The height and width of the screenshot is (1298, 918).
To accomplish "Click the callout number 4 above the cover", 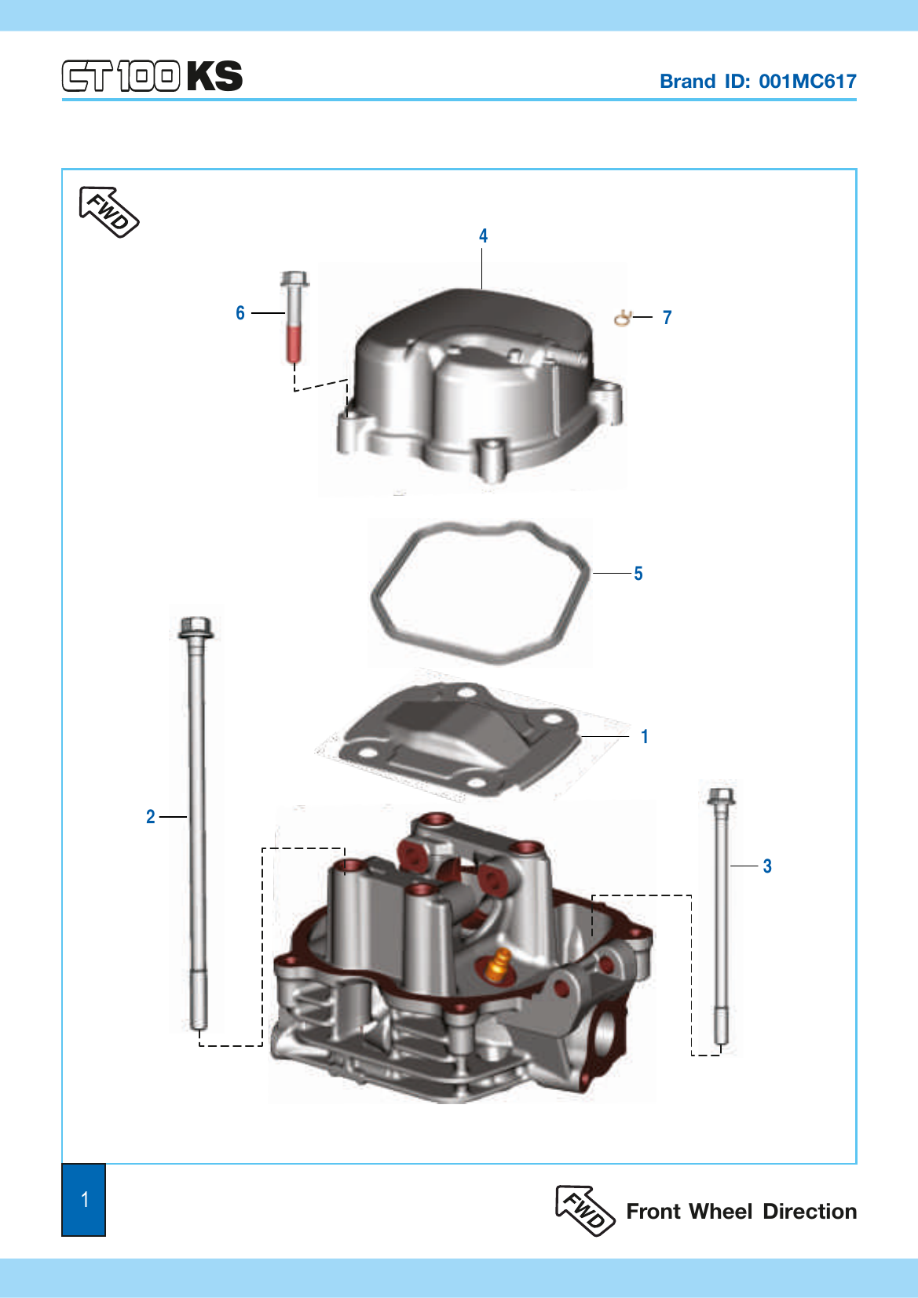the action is [x=483, y=236].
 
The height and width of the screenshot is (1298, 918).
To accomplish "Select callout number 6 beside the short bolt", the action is [x=240, y=313].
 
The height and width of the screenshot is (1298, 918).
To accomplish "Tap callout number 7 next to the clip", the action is [x=667, y=318].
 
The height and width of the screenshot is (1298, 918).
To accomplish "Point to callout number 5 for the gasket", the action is [x=638, y=574].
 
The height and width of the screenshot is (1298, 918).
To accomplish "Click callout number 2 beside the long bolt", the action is [x=151, y=816].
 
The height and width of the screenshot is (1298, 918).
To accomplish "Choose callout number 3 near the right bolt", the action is [x=767, y=866].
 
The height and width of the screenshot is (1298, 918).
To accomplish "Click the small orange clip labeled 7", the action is [x=622, y=318].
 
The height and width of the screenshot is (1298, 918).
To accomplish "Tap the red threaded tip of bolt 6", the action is [x=294, y=345].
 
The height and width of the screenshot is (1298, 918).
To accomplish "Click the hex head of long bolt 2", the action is [x=196, y=627].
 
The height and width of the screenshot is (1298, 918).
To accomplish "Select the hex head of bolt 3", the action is [x=721, y=797].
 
